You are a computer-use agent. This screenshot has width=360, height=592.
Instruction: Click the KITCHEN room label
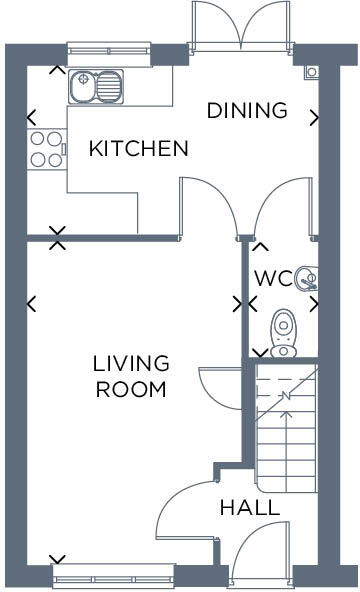(x=138, y=149)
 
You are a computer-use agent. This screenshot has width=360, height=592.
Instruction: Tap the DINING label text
(x=246, y=110)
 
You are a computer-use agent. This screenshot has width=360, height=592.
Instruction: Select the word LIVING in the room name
(x=131, y=363)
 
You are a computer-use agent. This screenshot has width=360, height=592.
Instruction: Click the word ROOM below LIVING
(x=131, y=389)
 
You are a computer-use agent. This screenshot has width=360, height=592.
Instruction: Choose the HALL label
(x=249, y=508)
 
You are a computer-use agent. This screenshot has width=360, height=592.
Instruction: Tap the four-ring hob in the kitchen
(x=44, y=149)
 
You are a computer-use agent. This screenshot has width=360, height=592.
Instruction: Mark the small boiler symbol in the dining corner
(x=312, y=72)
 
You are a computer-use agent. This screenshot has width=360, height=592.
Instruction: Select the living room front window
(x=112, y=575)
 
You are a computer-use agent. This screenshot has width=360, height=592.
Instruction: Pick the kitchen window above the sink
(x=108, y=47)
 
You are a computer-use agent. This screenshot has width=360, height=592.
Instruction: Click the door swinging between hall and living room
(x=185, y=510)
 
